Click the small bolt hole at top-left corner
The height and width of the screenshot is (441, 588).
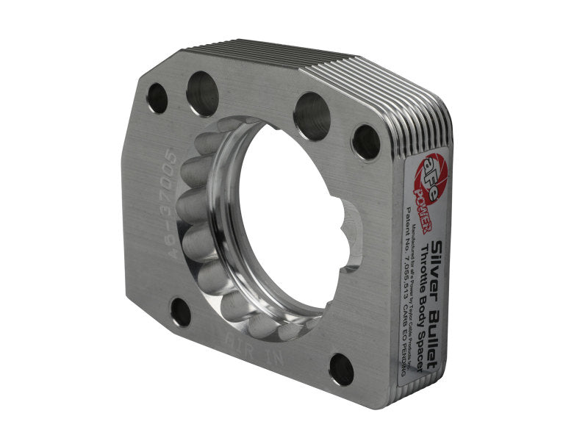tap(157, 97)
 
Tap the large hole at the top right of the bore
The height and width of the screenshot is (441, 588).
tap(312, 116)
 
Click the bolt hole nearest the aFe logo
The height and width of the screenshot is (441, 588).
tap(366, 142)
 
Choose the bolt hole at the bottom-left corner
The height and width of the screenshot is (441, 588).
tap(181, 312)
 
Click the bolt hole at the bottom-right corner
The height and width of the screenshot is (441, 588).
tap(340, 369)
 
